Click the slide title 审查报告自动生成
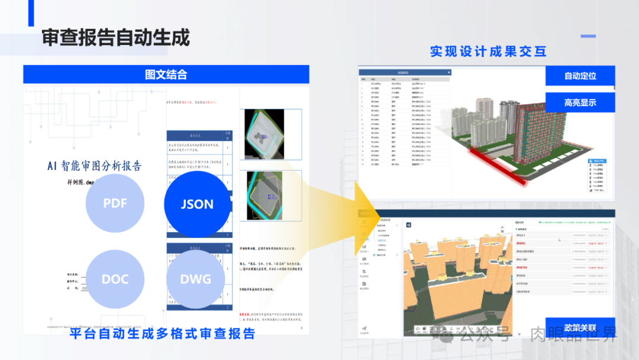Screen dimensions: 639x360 point(115,38)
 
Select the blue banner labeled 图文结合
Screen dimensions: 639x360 point(166,75)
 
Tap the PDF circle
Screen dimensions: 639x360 point(115,203)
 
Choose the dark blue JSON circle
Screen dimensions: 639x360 point(196,204)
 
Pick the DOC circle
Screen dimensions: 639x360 point(115,279)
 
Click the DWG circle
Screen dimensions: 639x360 point(195,279)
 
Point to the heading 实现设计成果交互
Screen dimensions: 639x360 point(488,52)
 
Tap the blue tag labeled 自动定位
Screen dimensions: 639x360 point(580,76)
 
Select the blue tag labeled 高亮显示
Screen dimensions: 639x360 point(580,102)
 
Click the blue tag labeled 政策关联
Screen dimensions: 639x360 point(580,327)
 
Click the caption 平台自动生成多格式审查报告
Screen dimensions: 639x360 point(162,334)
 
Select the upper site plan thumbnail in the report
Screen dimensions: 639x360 point(264,135)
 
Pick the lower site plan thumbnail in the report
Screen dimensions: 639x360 point(264,196)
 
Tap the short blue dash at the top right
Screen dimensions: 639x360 point(588,36)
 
